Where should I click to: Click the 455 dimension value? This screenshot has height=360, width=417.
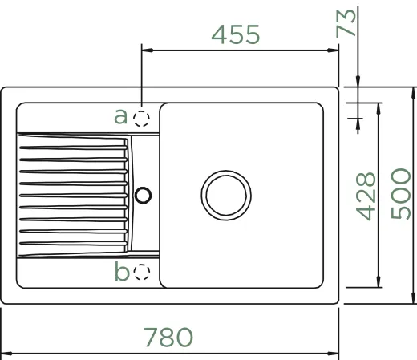click(x=235, y=34)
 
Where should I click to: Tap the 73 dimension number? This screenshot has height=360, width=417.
click(x=346, y=23)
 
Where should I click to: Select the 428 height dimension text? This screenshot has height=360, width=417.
click(x=366, y=196)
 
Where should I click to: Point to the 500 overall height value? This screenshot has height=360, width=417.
click(x=400, y=194)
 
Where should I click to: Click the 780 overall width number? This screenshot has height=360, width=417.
click(x=168, y=337)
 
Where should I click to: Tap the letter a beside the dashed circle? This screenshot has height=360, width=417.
click(x=120, y=116)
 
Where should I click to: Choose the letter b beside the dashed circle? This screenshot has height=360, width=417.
click(x=122, y=271)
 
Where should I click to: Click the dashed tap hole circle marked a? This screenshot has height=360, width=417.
click(x=141, y=119)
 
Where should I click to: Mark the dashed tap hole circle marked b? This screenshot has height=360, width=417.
click(x=142, y=272)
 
